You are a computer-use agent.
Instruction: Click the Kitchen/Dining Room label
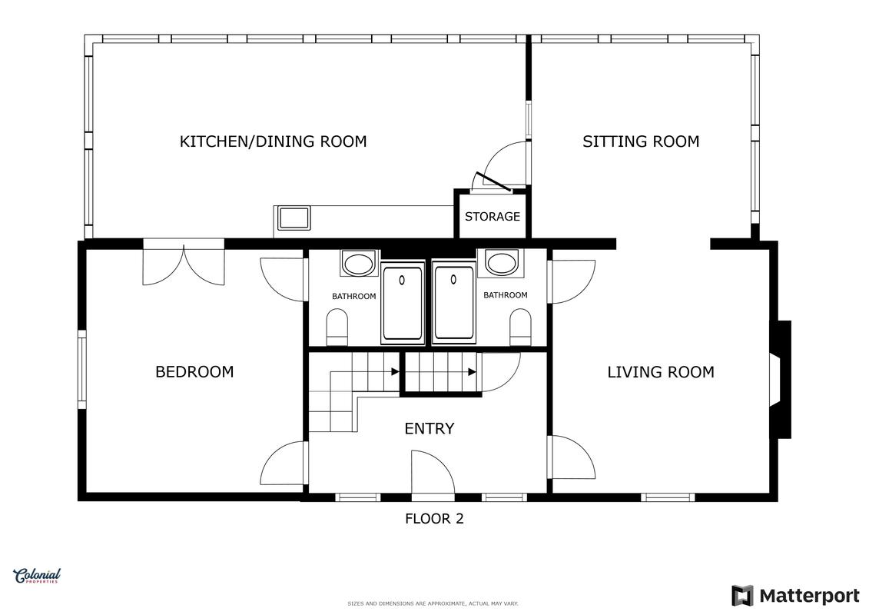(x=273, y=141)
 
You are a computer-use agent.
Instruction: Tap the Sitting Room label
(x=641, y=141)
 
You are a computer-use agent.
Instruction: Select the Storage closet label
(x=493, y=216)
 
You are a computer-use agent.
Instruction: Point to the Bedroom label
(x=194, y=371)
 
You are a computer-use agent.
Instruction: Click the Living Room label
(x=661, y=371)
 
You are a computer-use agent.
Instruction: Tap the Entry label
(x=430, y=428)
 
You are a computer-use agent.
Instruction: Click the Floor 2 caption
(x=434, y=518)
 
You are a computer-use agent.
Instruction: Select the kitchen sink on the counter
(x=294, y=218)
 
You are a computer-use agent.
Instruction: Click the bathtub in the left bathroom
(x=403, y=304)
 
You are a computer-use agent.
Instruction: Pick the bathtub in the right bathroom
(x=454, y=302)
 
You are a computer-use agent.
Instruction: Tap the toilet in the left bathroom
(x=337, y=327)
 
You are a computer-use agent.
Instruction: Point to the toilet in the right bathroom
(x=520, y=327)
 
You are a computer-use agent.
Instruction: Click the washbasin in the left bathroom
(x=360, y=263)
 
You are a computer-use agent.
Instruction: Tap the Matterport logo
(x=795, y=596)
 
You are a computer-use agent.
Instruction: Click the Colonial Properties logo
(x=37, y=577)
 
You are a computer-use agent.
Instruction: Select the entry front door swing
(x=433, y=471)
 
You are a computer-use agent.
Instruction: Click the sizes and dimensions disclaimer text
(x=433, y=603)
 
